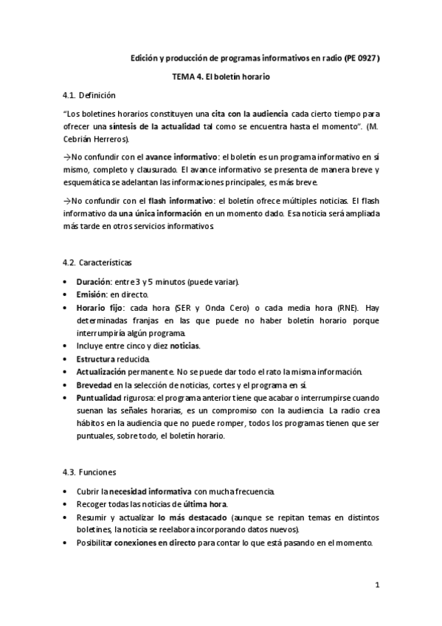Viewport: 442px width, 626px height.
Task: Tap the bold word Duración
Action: pyautogui.click(x=93, y=281)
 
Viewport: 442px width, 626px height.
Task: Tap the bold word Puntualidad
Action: pyautogui.click(x=100, y=397)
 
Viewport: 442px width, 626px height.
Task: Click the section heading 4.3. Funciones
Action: pyautogui.click(x=91, y=472)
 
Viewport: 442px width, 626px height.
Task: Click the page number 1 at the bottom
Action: pyautogui.click(x=378, y=586)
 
